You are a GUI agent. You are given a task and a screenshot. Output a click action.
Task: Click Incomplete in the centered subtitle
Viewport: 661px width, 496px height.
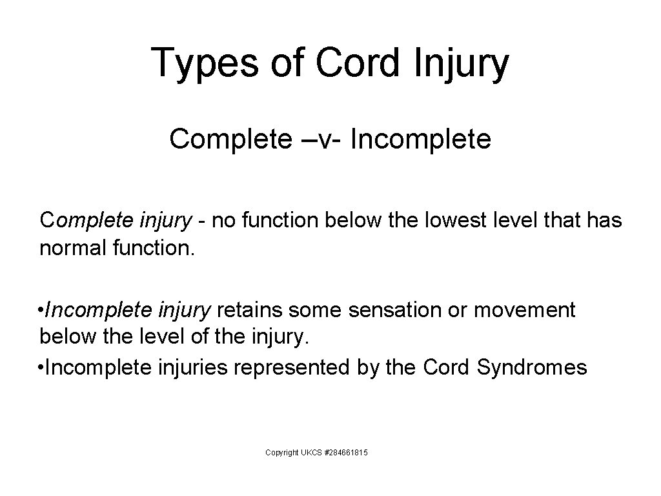(421, 139)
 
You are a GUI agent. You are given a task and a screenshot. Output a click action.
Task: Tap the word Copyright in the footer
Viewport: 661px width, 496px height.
(281, 453)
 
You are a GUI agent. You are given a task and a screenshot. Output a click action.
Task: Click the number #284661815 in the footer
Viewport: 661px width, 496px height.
(345, 453)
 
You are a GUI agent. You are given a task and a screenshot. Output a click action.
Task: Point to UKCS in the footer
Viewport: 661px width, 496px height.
(311, 453)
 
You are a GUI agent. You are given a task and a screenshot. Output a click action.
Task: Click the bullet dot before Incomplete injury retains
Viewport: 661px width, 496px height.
(42, 311)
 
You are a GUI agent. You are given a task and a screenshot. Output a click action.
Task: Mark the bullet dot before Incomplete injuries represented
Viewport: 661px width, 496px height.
(42, 368)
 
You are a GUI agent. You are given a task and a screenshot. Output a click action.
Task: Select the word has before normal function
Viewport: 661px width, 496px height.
(605, 221)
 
